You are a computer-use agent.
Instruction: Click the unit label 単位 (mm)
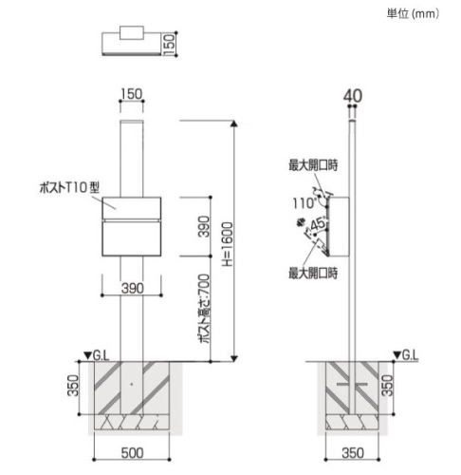click(x=413, y=13)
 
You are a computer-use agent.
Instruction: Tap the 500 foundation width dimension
click(x=132, y=453)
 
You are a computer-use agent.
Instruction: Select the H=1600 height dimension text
click(x=228, y=244)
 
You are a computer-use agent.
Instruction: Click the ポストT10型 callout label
click(x=69, y=187)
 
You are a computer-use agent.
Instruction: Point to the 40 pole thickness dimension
click(x=353, y=96)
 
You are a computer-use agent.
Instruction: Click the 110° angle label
click(x=304, y=203)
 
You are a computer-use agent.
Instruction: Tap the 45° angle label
click(x=318, y=224)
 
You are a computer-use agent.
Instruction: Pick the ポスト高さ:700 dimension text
click(x=205, y=309)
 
